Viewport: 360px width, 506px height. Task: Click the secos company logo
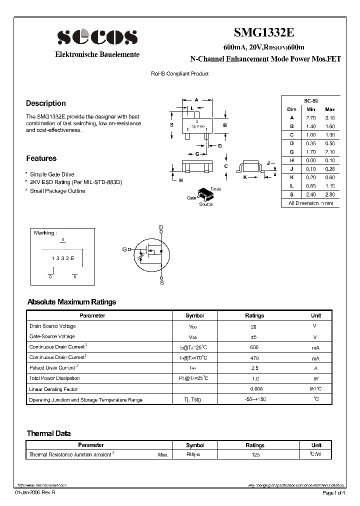96,37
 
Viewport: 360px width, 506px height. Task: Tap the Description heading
46,103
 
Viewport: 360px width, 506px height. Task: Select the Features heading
41,158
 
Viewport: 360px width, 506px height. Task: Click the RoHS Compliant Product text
180,74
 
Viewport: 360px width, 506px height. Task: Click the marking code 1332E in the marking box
62,258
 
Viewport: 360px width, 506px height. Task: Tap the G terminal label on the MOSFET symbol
124,249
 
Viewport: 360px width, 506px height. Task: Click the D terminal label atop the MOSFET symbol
161,227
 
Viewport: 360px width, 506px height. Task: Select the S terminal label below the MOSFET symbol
161,282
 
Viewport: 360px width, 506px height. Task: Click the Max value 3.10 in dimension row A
330,117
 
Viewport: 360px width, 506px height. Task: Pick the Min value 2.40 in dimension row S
311,194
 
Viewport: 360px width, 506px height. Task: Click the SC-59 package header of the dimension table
310,100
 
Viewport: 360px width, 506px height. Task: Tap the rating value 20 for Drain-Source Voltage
253,326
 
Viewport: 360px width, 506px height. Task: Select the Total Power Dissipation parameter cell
54,378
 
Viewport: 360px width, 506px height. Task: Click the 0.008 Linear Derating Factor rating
255,389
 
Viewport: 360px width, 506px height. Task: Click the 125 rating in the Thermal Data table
254,455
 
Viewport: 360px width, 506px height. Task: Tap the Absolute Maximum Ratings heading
71,302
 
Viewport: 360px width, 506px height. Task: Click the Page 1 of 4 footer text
333,493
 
